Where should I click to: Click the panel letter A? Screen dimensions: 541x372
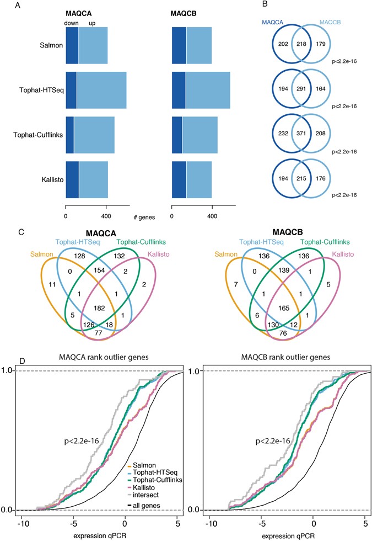click(6, 7)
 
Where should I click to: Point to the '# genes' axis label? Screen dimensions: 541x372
click(144, 216)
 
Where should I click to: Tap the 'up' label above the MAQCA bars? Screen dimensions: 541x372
click(92, 23)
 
